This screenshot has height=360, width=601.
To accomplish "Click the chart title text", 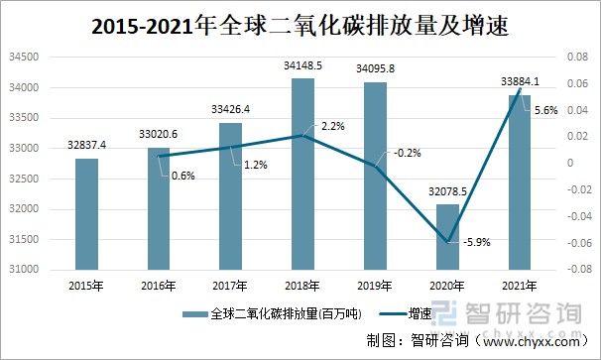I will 300,25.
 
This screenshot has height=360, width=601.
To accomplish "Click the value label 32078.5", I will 447,192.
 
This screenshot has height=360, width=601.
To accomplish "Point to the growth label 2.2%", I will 333,126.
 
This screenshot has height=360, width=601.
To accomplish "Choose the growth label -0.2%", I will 406,153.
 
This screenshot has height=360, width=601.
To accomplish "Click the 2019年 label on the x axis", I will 375,286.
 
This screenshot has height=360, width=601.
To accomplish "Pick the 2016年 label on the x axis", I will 159,286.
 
